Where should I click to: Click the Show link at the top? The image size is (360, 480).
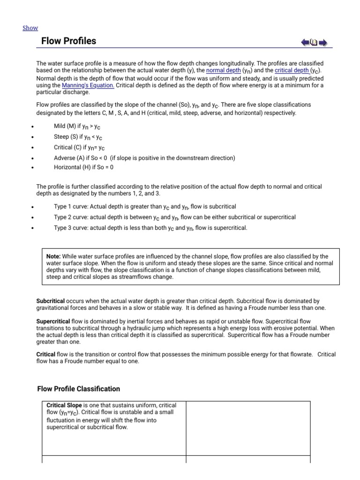(x=30, y=28)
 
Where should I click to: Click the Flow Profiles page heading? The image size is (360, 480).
(x=68, y=41)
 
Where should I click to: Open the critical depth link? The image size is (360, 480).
(x=292, y=70)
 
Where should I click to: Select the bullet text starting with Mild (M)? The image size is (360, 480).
(x=78, y=127)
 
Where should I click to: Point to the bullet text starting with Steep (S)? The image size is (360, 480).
(x=78, y=137)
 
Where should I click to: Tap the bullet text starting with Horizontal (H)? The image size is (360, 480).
(x=83, y=167)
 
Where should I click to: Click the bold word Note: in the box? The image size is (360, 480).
(x=53, y=256)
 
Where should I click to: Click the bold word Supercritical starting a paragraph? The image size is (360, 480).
(x=53, y=322)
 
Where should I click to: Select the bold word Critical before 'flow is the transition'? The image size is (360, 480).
(x=46, y=354)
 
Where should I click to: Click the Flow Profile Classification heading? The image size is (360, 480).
(x=78, y=389)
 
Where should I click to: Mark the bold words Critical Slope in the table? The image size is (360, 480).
(x=64, y=405)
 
